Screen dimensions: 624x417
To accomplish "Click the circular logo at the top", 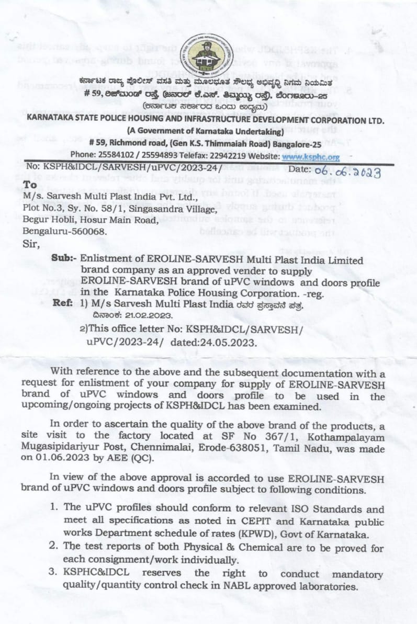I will coord(206,54).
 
